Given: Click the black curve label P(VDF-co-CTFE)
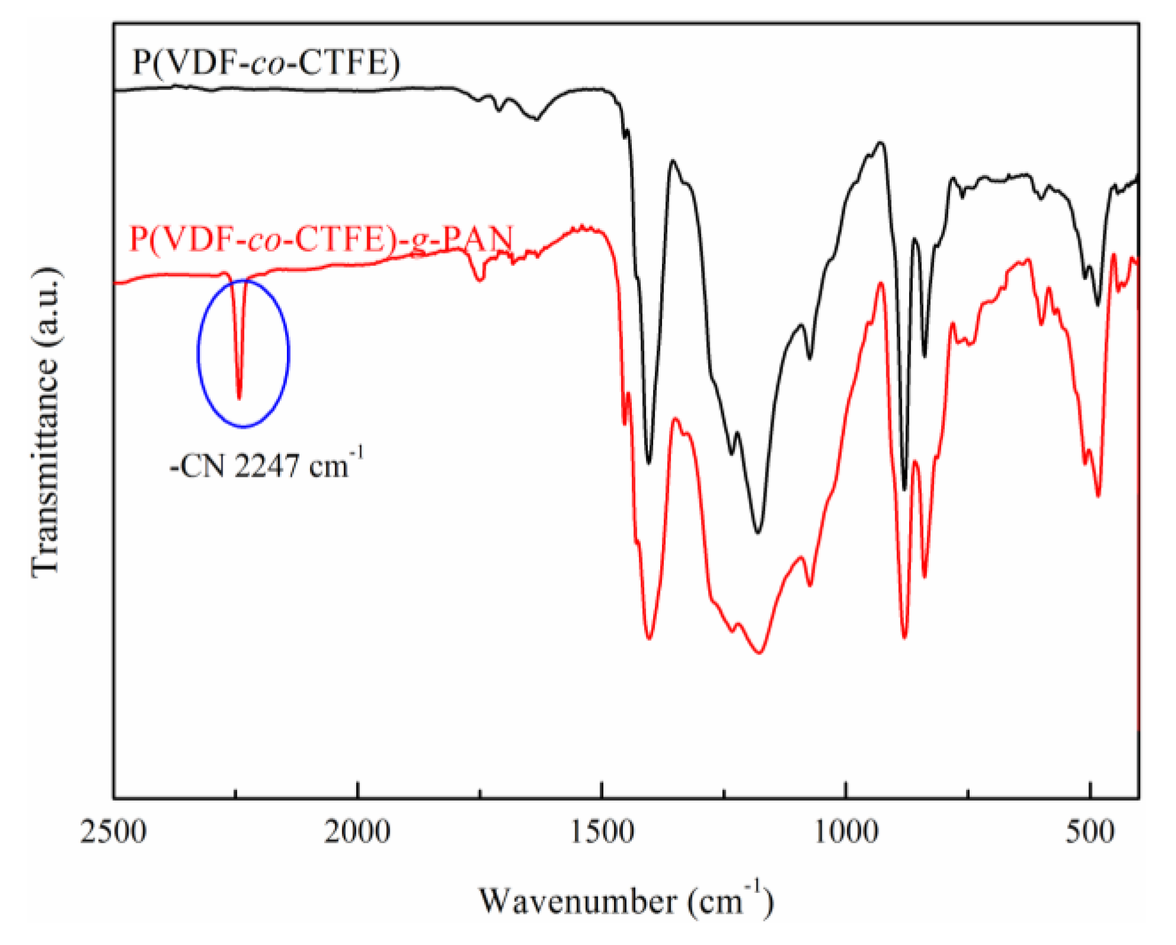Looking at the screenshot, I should (x=266, y=62).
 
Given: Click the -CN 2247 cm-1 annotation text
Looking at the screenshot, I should (x=266, y=466).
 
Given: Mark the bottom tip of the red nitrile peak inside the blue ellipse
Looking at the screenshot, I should (x=239, y=398).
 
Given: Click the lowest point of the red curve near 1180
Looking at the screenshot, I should (x=760, y=653).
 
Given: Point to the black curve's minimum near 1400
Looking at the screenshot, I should (x=649, y=463).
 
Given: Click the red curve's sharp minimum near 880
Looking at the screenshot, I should (x=904, y=638).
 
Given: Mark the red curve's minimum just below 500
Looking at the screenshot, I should (x=1099, y=496).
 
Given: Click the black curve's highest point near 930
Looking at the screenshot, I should (x=881, y=142).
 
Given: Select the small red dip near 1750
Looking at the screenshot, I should (x=480, y=280).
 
